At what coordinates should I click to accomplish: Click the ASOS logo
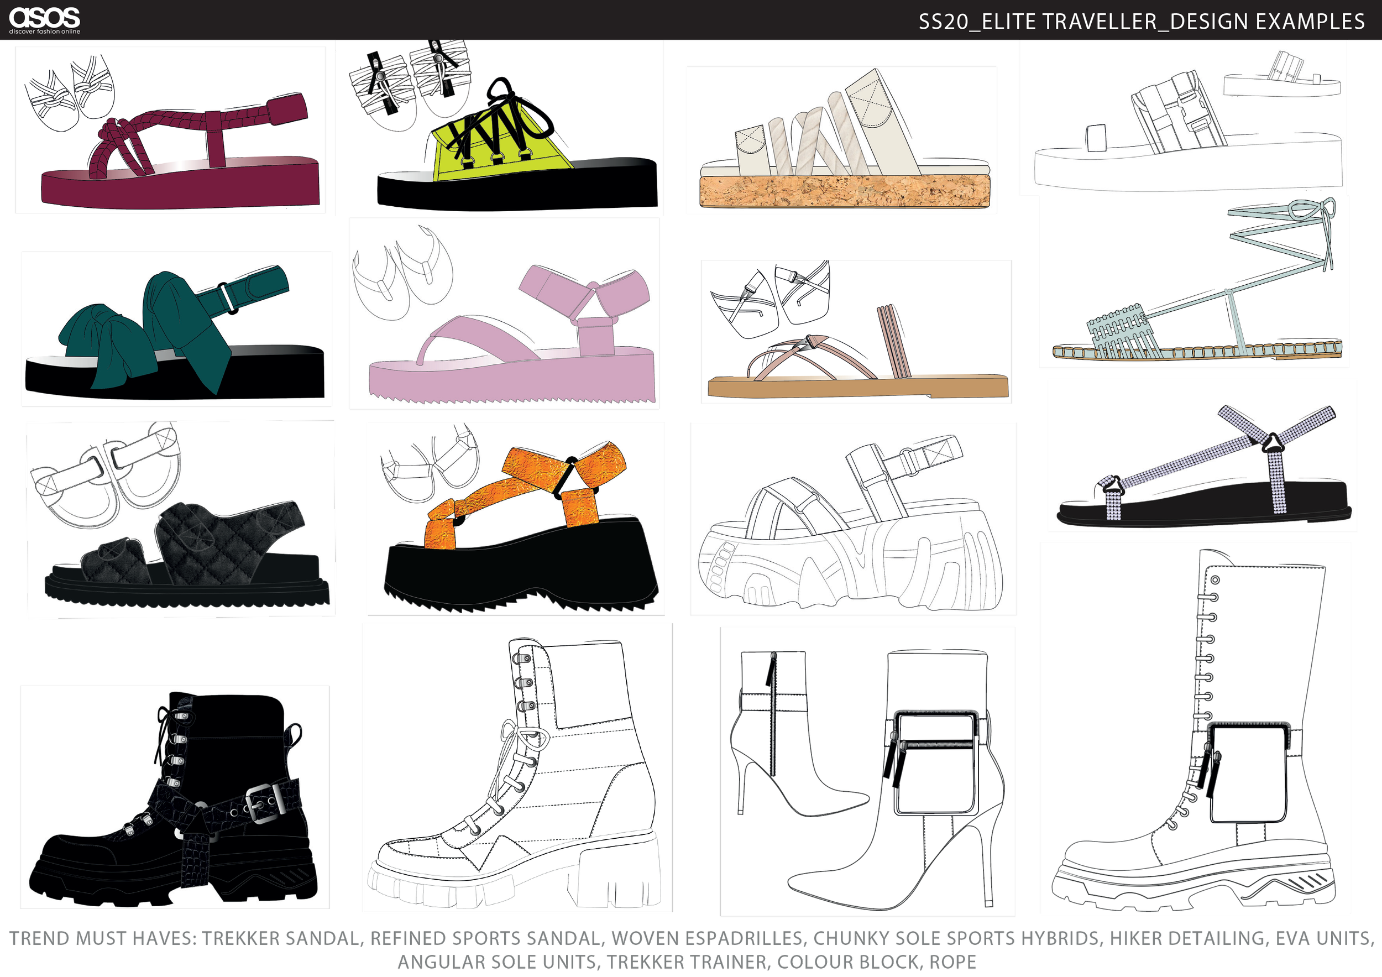(x=45, y=19)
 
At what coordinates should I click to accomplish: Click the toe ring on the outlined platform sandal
(x=1096, y=138)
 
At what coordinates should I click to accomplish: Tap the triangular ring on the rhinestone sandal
(x=1273, y=442)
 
